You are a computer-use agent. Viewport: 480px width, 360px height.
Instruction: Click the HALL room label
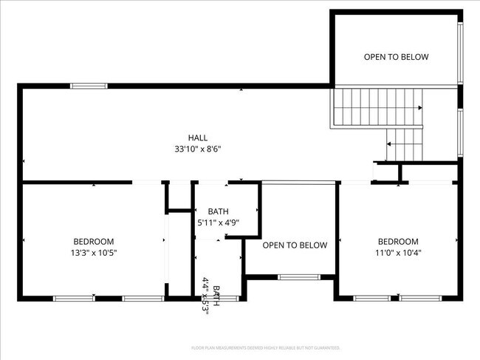pyautogui.click(x=197, y=137)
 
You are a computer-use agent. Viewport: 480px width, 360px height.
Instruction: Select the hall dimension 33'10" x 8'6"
pyautogui.click(x=197, y=149)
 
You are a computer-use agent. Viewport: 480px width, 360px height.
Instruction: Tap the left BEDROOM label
pyautogui.click(x=94, y=241)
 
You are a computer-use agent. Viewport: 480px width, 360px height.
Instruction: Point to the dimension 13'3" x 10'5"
pyautogui.click(x=94, y=252)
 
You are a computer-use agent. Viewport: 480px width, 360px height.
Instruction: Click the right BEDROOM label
pyautogui.click(x=398, y=241)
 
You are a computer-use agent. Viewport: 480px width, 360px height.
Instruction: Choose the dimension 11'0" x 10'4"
pyautogui.click(x=398, y=252)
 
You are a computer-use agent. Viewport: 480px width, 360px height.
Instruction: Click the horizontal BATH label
pyautogui.click(x=218, y=211)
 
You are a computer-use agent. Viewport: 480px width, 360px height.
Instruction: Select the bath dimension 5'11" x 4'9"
pyautogui.click(x=218, y=222)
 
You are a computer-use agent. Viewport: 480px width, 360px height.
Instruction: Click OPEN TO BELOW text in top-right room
pyautogui.click(x=396, y=57)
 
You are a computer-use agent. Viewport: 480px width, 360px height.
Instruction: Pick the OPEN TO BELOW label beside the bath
pyautogui.click(x=295, y=245)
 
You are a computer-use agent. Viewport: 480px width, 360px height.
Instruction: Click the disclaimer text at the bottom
pyautogui.click(x=265, y=347)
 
